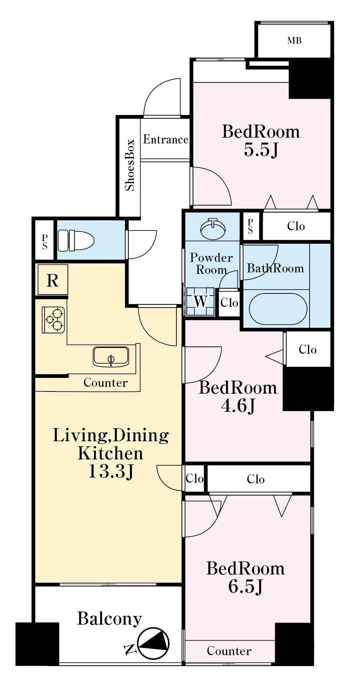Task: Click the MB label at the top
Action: [294, 41]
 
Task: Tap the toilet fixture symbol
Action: [76, 240]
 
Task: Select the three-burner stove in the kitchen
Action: [54, 320]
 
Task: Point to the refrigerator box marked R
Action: [53, 280]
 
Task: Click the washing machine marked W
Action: [200, 302]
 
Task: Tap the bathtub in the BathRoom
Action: [278, 309]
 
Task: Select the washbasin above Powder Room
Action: [213, 227]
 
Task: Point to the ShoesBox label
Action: [130, 165]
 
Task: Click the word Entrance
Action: [165, 139]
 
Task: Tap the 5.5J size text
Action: [261, 150]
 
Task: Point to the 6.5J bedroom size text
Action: [245, 586]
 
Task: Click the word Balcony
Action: [109, 619]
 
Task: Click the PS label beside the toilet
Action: [45, 241]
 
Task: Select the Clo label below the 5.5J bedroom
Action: [296, 226]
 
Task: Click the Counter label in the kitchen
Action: [106, 382]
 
